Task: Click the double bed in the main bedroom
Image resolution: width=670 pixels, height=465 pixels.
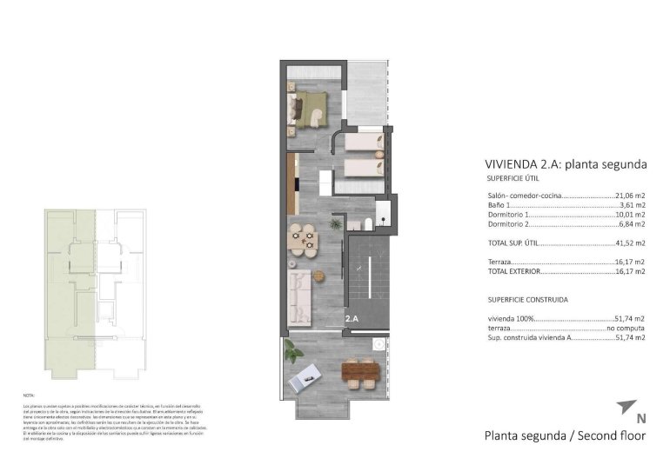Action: (310, 109)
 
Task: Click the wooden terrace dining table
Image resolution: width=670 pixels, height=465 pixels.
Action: (361, 373)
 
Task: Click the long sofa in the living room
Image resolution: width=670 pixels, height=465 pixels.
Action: (298, 296)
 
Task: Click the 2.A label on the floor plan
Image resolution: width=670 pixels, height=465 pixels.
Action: (352, 319)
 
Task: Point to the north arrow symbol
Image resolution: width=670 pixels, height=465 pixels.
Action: (626, 407)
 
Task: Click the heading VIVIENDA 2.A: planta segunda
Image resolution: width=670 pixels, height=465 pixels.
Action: (565, 163)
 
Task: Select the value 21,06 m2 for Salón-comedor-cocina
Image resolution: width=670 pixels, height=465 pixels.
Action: (629, 196)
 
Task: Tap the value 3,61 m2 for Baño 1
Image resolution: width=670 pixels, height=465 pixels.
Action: (632, 205)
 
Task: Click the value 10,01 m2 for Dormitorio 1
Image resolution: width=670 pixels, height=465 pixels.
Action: (629, 215)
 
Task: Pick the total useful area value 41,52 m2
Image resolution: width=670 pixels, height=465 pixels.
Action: (629, 243)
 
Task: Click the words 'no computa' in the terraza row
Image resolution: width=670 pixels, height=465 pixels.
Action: (626, 329)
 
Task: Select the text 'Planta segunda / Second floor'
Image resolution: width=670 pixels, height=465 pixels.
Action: (565, 435)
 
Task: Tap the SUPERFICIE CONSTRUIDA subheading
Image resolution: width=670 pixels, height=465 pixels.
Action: (528, 299)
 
